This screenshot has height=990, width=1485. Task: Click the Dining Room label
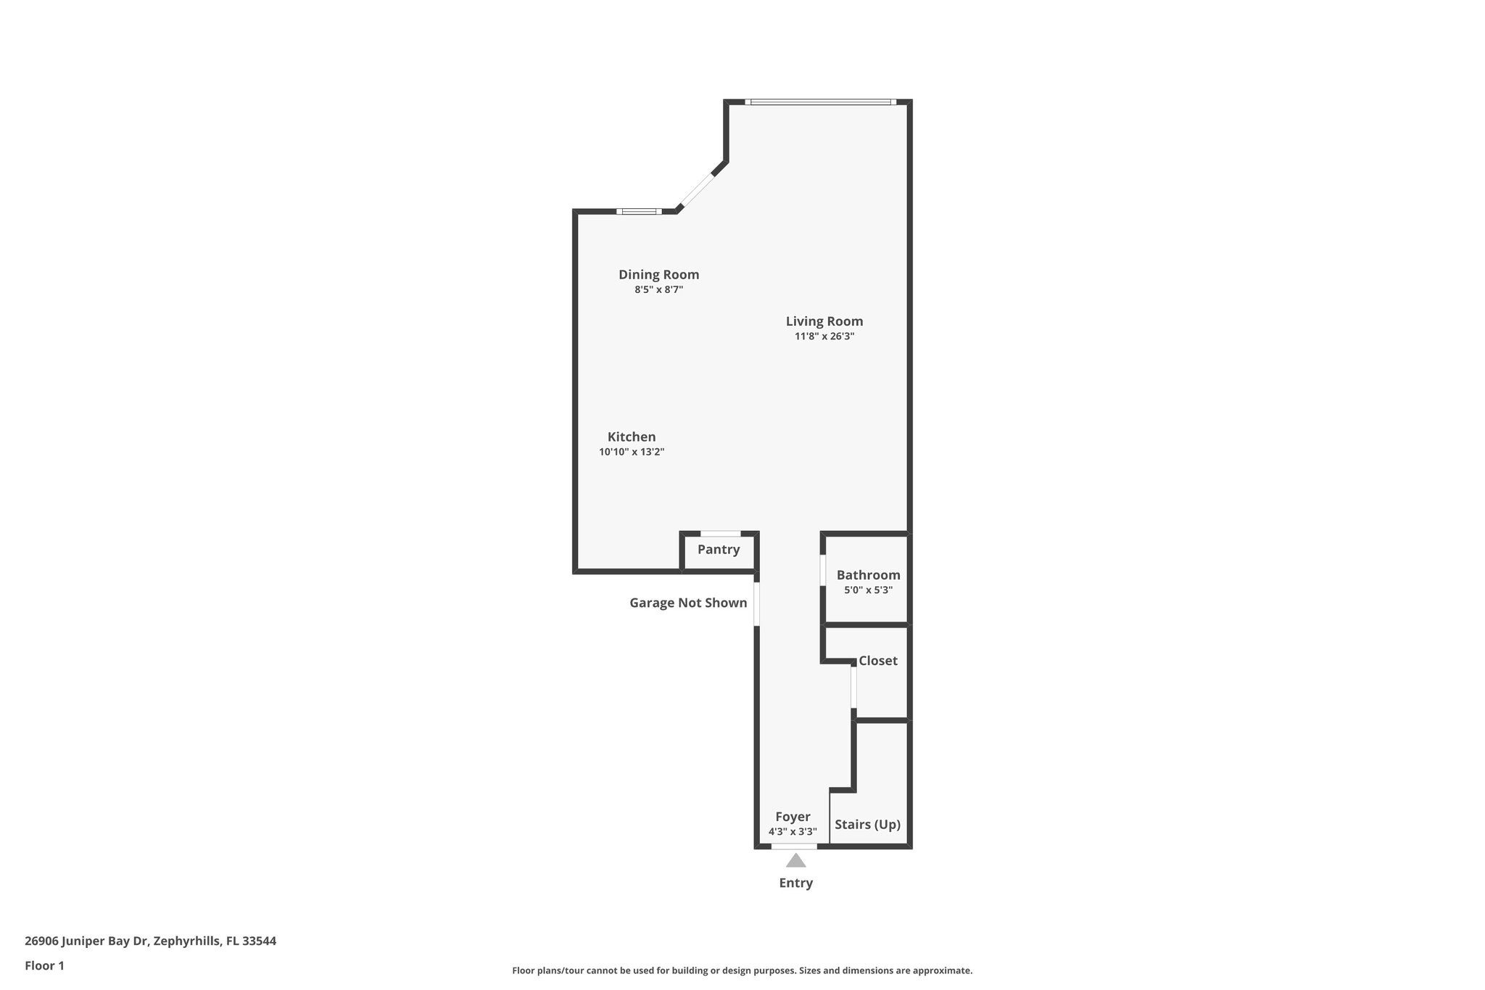point(658,275)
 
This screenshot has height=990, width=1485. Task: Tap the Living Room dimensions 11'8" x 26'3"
point(824,337)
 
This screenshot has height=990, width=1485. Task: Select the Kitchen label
point(632,437)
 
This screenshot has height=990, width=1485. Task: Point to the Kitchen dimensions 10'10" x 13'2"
point(632,452)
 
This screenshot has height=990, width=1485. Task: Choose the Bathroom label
point(868,575)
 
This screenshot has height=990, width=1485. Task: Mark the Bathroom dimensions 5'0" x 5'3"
point(868,590)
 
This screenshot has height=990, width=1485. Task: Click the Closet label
point(877,661)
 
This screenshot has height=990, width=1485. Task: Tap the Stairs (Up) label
point(867,825)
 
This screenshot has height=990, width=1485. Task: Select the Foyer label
point(793,817)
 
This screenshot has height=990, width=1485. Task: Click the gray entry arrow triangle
point(796,861)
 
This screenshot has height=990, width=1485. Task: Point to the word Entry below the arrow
point(796,883)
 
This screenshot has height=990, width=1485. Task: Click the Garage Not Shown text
point(688,603)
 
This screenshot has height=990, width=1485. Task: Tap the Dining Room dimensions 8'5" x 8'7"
point(658,290)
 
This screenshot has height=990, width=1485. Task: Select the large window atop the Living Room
point(820,102)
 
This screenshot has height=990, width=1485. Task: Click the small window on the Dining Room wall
point(639,212)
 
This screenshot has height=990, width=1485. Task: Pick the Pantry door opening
point(720,535)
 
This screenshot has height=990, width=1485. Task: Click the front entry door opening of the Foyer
point(794,846)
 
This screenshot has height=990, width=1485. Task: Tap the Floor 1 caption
point(44,966)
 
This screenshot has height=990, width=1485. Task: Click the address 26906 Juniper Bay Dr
point(87,941)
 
